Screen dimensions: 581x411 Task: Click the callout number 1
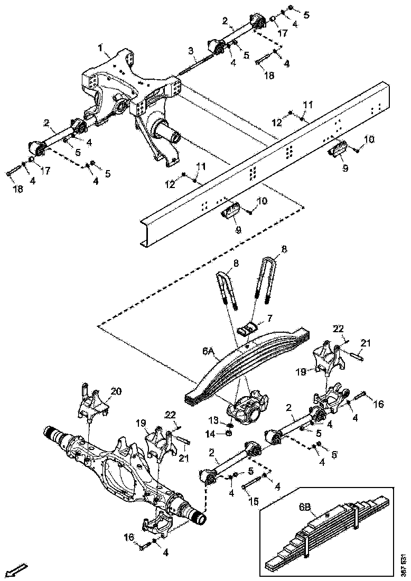coord(101,48)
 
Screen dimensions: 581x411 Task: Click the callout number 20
coord(116,391)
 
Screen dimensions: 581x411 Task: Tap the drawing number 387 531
coord(404,563)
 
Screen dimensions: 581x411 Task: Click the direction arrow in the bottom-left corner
coord(19,570)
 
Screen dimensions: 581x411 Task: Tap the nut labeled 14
coord(229,434)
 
